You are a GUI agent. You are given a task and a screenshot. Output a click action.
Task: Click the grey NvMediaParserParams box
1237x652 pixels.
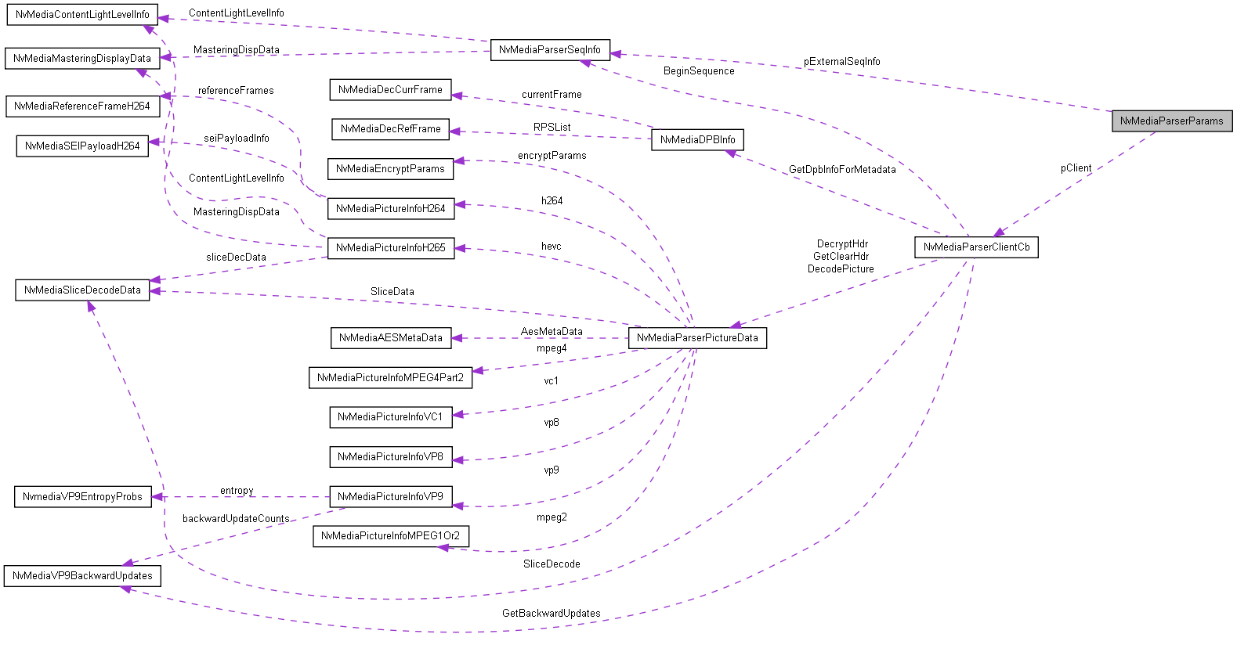click(x=1171, y=121)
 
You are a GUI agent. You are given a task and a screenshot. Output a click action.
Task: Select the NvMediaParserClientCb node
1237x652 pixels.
click(x=976, y=247)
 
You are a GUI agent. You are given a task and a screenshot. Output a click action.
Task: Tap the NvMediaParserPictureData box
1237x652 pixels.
click(x=697, y=338)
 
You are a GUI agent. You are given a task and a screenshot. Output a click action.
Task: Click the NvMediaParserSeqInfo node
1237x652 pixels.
click(x=549, y=50)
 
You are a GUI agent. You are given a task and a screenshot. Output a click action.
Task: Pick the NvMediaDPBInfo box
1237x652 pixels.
click(x=697, y=140)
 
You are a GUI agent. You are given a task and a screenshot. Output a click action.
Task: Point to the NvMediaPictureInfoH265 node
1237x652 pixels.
click(x=390, y=248)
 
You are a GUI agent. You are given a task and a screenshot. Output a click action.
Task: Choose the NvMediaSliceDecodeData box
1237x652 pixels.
click(x=82, y=290)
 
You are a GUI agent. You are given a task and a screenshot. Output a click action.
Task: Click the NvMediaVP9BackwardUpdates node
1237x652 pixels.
click(x=82, y=576)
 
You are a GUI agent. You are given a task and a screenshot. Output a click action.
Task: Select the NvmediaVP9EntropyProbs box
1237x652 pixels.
click(x=82, y=497)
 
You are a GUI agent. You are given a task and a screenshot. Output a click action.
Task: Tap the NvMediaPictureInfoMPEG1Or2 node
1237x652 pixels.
click(x=390, y=536)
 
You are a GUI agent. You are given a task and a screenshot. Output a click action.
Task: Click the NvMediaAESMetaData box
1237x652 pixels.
click(x=390, y=338)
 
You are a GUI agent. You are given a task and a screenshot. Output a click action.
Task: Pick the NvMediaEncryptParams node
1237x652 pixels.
click(x=390, y=169)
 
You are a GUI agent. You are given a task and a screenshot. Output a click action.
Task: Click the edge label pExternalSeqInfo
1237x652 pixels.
click(x=841, y=62)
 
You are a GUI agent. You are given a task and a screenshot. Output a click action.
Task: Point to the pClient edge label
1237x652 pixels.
click(x=1076, y=168)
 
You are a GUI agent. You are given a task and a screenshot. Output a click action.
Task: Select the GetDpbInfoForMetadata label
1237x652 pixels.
click(x=841, y=170)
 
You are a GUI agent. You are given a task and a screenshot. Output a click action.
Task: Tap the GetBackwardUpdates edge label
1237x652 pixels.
click(x=551, y=614)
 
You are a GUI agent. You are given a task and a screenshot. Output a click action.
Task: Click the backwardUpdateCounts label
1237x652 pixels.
click(x=236, y=519)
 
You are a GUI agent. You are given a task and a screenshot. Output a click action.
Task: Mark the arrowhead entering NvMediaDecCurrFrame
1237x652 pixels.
click(x=457, y=95)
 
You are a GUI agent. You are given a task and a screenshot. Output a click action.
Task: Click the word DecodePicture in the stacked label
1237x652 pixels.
click(x=841, y=269)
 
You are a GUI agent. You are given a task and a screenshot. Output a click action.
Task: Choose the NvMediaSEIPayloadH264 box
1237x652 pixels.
click(x=82, y=146)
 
